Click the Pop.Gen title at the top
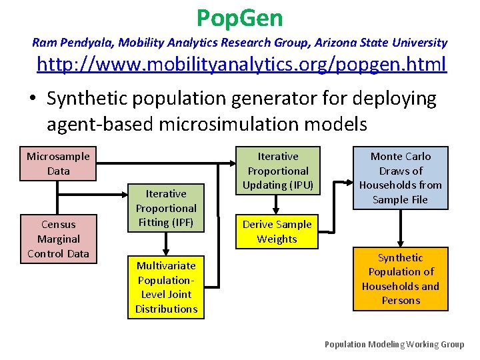pos(240,17)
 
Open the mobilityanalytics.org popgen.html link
pos(241,65)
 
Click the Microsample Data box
pos(58,163)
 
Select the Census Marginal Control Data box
pos(58,239)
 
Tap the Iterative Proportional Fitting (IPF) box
pos(166,208)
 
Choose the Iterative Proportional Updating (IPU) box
pos(278,171)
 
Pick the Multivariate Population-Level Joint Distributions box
pos(166,287)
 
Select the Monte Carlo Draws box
pos(400,177)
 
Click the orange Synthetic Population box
pos(400,279)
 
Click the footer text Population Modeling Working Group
pos(394,344)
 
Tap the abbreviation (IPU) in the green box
pos(297,185)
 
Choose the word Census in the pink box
pos(58,224)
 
